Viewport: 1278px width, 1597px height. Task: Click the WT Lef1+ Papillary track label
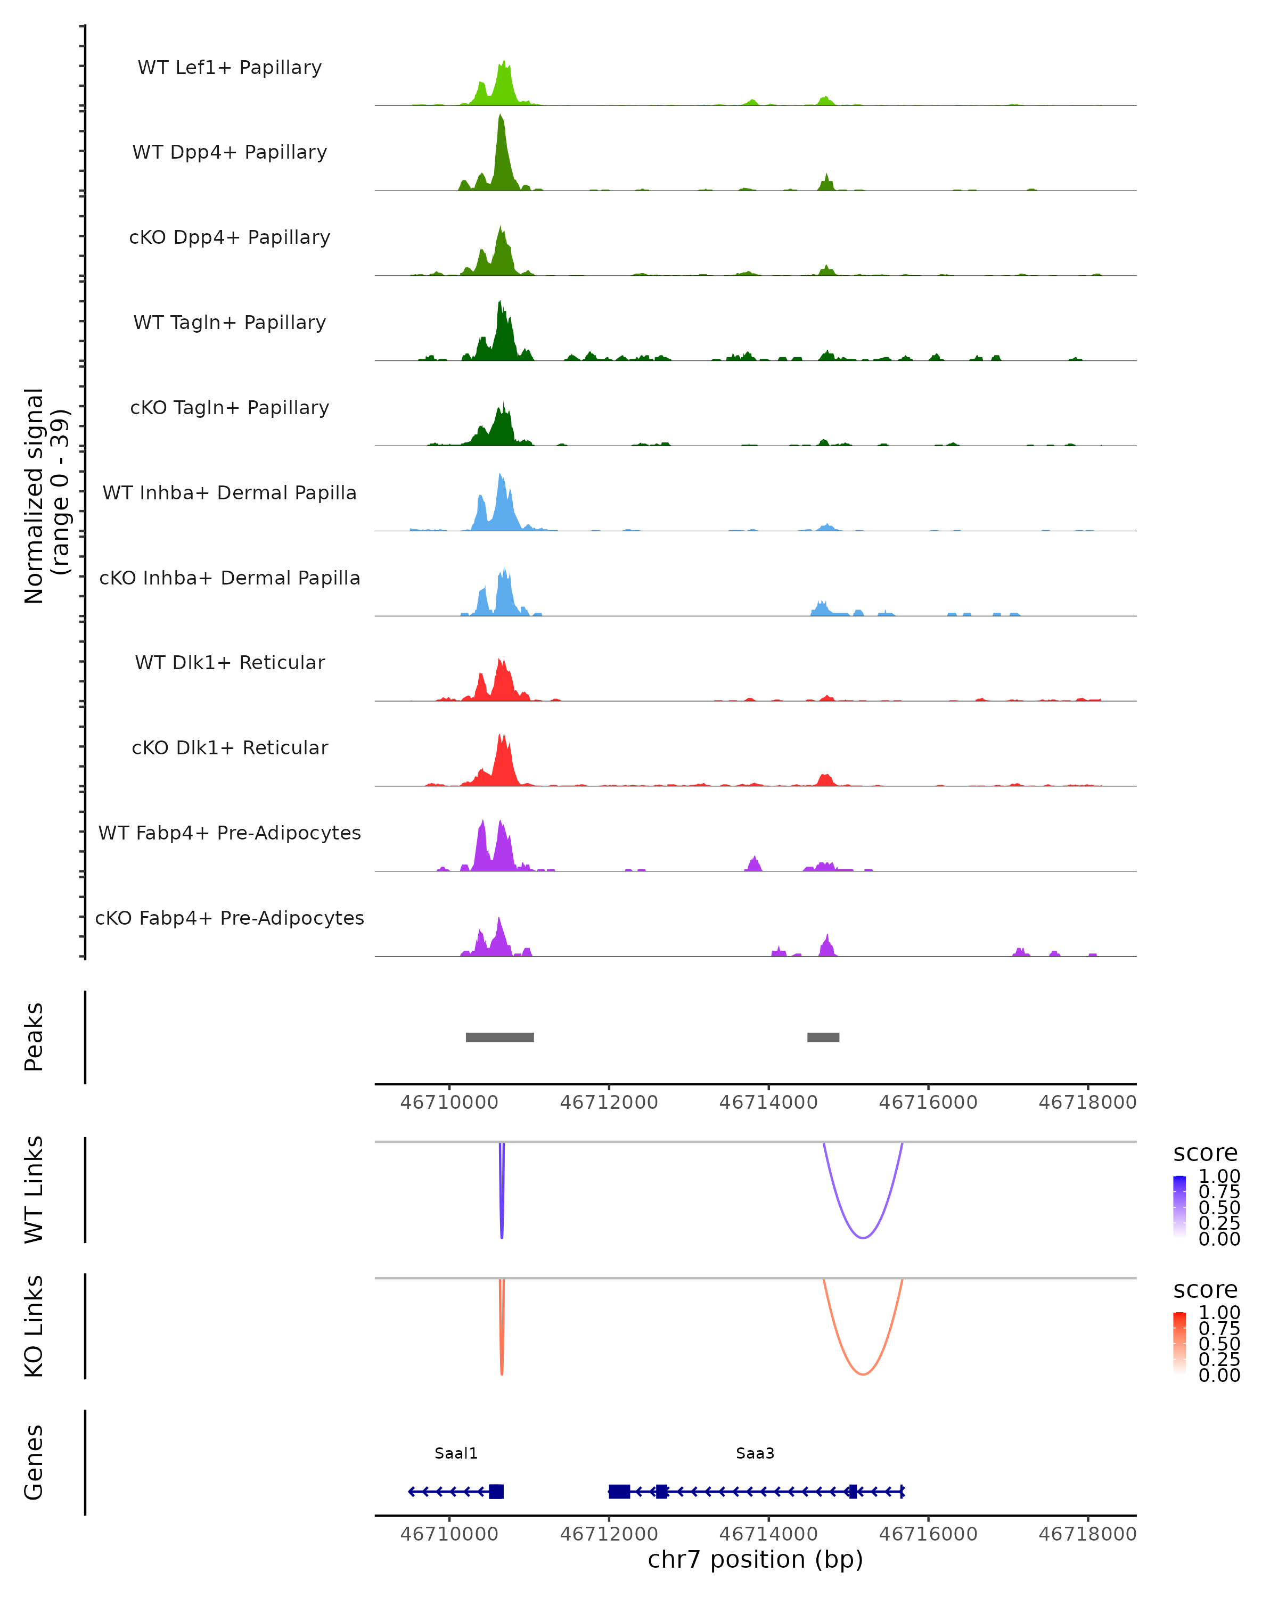(x=230, y=68)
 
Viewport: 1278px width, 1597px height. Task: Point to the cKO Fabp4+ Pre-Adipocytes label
(x=230, y=918)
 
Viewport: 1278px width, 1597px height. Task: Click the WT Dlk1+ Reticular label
(x=230, y=662)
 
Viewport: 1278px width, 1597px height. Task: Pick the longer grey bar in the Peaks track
(x=499, y=1037)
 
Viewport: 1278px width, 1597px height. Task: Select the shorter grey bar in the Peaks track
(x=823, y=1037)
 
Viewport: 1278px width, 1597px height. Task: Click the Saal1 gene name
(x=456, y=1453)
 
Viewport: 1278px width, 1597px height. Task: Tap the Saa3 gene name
(x=755, y=1453)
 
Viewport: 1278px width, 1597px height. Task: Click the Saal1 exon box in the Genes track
(x=496, y=1491)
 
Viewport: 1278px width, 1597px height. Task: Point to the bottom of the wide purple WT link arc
(x=863, y=1238)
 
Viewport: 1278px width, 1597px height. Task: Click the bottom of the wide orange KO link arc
(x=863, y=1374)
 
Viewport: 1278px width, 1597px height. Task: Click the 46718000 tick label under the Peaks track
(x=1087, y=1102)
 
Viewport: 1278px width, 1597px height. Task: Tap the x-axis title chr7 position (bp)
(x=755, y=1559)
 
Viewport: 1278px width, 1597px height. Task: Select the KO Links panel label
(x=34, y=1326)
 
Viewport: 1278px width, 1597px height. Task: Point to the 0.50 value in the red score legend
(x=1219, y=1344)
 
